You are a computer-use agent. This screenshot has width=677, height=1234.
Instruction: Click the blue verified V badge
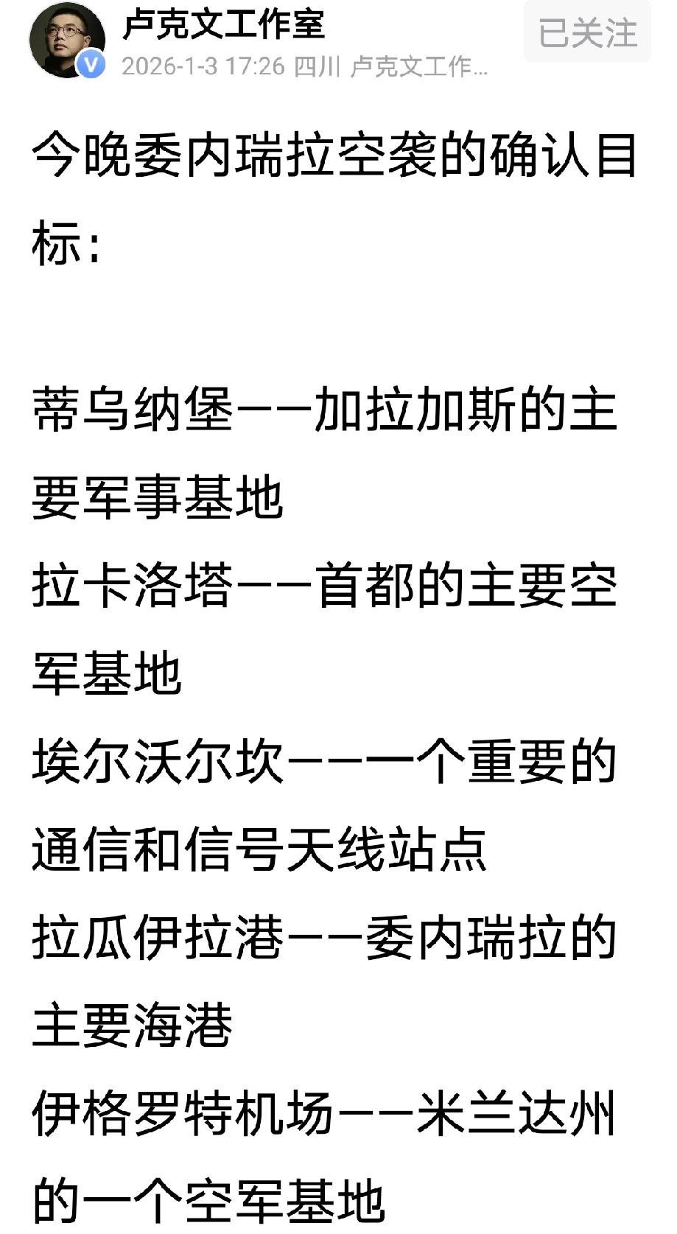(x=91, y=66)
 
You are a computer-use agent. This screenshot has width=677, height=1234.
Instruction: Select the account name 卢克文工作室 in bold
(x=224, y=24)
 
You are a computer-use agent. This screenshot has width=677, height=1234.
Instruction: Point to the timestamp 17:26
(x=255, y=67)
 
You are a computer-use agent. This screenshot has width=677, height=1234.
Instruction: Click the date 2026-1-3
(x=169, y=67)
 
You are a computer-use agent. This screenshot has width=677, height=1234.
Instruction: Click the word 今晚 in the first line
(x=81, y=157)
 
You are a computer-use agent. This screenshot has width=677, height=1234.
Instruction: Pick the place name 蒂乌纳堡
(x=133, y=410)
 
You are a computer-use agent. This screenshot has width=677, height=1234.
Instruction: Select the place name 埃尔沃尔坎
(x=158, y=761)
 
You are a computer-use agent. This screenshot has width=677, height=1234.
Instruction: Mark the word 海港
(x=183, y=1025)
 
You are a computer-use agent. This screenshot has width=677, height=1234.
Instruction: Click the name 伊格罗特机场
(x=183, y=1113)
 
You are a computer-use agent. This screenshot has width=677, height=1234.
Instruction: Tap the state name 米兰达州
(x=516, y=1113)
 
